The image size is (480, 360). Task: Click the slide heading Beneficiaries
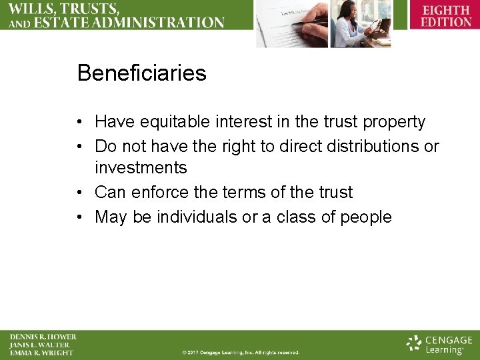141,73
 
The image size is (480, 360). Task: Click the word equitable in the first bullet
173,122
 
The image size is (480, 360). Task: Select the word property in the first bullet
393,122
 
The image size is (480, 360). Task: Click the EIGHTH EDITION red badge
446,16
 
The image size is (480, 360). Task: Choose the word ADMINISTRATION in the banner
160,22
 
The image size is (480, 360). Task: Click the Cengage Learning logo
439,344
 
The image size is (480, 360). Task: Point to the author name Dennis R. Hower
43,337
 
